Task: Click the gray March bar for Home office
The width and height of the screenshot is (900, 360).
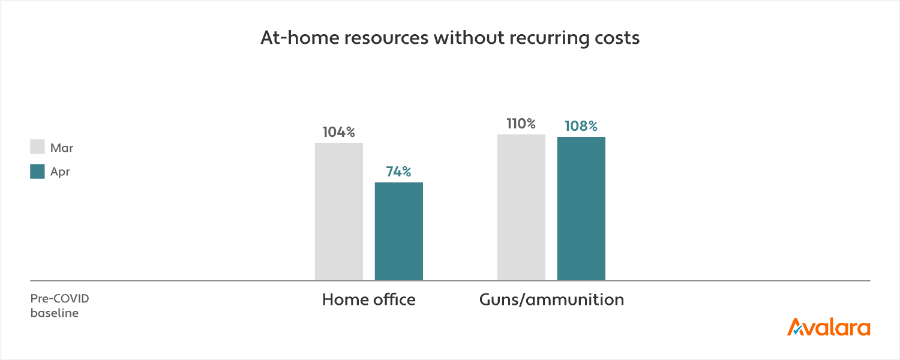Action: (x=339, y=211)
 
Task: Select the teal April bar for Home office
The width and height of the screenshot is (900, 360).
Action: (x=399, y=231)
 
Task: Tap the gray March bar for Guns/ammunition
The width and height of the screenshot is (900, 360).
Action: (x=521, y=207)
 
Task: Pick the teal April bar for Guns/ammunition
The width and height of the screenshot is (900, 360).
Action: (x=581, y=208)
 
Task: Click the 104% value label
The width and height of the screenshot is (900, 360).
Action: (x=339, y=132)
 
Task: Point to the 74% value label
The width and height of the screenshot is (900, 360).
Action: (x=399, y=172)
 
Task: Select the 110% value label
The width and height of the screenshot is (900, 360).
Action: (x=521, y=124)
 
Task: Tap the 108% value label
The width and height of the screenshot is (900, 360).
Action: (x=581, y=126)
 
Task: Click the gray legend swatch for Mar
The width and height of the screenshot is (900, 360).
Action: (x=37, y=148)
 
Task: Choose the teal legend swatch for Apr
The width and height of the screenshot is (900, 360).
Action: (x=37, y=172)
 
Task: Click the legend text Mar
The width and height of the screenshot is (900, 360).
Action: (x=62, y=148)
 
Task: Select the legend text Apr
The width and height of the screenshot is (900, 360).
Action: (x=60, y=172)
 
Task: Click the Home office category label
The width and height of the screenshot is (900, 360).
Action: (x=368, y=299)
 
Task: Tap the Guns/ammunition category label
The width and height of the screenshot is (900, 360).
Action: (x=551, y=299)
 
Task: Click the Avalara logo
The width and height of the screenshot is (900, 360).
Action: (x=829, y=328)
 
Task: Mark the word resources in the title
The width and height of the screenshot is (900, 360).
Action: (x=379, y=38)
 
